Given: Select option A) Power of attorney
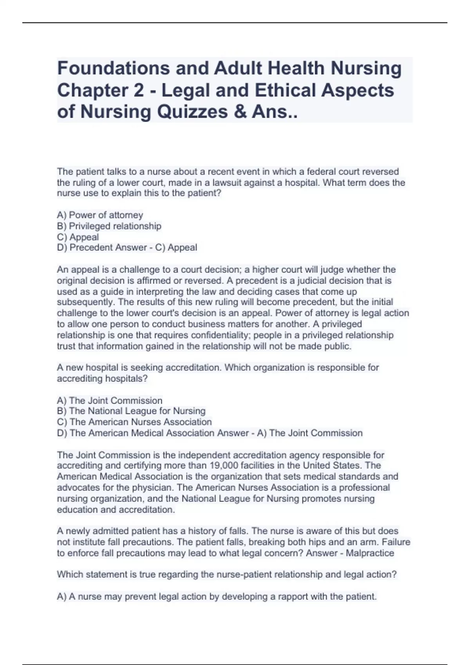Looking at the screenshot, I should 100,215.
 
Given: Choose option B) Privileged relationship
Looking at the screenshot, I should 109,226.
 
